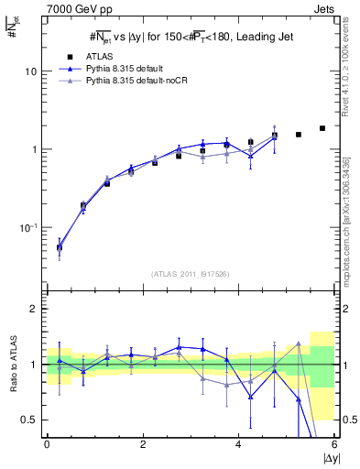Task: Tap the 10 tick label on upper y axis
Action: coord(29,71)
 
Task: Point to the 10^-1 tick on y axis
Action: coord(27,226)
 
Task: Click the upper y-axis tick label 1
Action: coord(33,149)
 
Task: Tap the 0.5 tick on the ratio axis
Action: coord(28,420)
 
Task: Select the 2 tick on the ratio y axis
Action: coord(33,310)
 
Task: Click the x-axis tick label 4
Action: coord(239,444)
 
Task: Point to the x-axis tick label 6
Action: coord(334,444)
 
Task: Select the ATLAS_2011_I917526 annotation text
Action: coord(191,274)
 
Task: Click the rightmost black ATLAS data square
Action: coord(322,128)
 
